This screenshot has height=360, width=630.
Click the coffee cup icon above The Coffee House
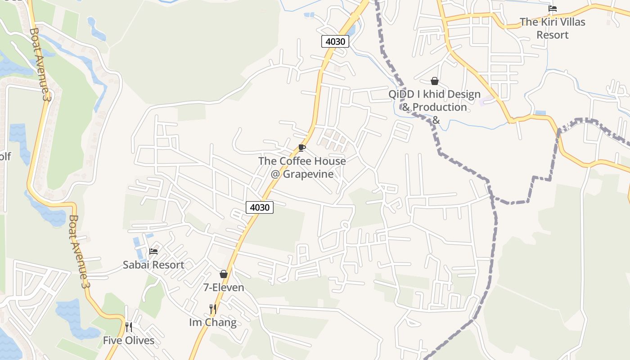[x=301, y=148]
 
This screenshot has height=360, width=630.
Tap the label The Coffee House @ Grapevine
[x=302, y=167]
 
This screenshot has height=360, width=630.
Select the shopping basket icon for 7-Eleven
[x=224, y=274]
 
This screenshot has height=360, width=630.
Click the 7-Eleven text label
[x=224, y=288]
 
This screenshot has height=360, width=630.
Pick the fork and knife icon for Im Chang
[x=213, y=309]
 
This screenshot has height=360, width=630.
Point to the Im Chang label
[x=213, y=323]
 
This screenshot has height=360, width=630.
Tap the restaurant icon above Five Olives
[x=129, y=327]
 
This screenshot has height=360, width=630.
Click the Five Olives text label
[x=129, y=341]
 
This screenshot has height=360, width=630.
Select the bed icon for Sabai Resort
[x=153, y=251]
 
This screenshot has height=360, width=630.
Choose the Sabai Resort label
[x=153, y=265]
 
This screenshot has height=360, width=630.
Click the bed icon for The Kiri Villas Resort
[x=553, y=9]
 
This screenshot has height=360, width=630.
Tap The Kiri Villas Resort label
[x=553, y=28]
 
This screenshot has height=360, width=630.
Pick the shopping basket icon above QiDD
[x=435, y=81]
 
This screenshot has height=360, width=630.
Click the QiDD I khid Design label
[x=435, y=94]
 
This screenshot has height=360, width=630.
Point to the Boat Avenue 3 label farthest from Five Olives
[x=38, y=64]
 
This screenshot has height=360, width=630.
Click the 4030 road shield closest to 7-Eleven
[x=260, y=207]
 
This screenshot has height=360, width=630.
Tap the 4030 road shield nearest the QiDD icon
[x=335, y=42]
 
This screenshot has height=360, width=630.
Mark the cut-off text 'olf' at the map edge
[x=5, y=157]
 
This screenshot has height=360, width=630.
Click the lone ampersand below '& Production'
[x=436, y=120]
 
